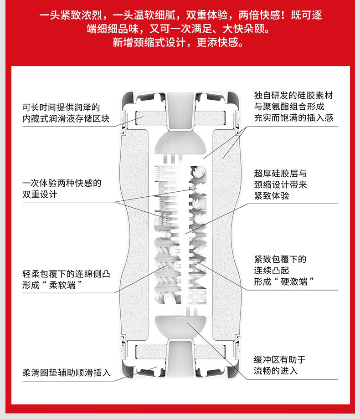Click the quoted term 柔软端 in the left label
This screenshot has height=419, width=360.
(62, 285)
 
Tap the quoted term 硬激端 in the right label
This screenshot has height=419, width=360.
(294, 281)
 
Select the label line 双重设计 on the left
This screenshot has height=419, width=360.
(40, 194)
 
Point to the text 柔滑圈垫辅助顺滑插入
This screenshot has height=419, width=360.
(67, 373)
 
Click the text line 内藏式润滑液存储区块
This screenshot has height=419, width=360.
(66, 119)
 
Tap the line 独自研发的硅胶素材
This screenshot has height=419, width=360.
(293, 95)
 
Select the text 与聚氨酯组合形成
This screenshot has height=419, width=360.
(289, 107)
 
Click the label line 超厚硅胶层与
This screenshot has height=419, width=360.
(280, 174)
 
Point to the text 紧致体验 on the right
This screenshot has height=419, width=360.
(272, 196)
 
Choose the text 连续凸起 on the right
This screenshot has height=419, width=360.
(272, 271)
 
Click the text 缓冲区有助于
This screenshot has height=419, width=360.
(280, 360)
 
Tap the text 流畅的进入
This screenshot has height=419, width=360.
(276, 371)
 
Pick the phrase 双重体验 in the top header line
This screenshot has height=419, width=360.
(207, 15)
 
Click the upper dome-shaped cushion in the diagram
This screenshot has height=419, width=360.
(180, 142)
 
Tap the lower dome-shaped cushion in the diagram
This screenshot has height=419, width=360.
(180, 327)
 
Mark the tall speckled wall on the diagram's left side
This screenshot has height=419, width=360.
(135, 235)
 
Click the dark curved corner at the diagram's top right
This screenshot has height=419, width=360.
(234, 98)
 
